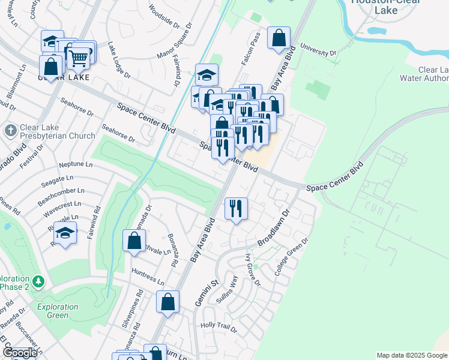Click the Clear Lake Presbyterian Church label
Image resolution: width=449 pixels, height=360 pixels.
[57, 131]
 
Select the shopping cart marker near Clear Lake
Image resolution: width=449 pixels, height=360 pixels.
[79, 58]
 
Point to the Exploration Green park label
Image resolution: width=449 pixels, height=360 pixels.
[57, 311]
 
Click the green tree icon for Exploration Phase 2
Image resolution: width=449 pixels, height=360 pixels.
[38, 281]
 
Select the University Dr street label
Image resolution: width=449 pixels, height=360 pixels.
[318, 49]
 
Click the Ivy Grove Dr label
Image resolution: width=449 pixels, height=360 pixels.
[253, 269]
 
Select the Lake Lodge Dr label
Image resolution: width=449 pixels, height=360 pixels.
[119, 61]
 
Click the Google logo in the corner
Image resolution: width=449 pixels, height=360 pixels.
[19, 353]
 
